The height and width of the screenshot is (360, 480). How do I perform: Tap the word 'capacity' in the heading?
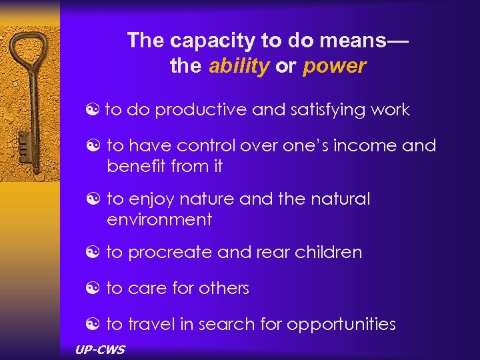click(214, 40)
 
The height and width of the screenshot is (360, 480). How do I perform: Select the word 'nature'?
click(212, 199)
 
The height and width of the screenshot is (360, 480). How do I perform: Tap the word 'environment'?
click(159, 219)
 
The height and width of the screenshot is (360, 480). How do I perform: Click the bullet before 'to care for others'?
click(93, 289)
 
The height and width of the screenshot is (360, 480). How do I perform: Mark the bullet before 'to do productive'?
click(93, 110)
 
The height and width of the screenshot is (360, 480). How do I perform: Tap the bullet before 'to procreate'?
click(93, 253)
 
